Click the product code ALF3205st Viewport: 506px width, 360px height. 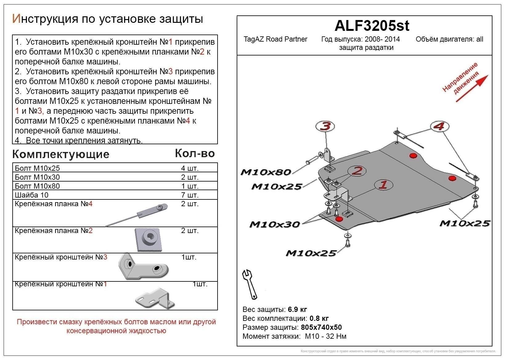[x=372, y=26]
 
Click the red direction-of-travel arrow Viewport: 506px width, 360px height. [x=472, y=88]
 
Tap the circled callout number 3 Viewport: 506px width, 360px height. [x=325, y=126]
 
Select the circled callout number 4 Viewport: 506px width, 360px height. [x=439, y=126]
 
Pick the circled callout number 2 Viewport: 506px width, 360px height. [x=357, y=171]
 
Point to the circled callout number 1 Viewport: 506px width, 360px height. [x=383, y=185]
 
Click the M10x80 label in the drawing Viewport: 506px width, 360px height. [x=266, y=172]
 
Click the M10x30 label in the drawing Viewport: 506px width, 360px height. [x=274, y=224]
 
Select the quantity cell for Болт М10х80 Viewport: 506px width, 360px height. [x=190, y=186]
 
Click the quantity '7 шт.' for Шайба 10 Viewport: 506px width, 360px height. [x=190, y=195]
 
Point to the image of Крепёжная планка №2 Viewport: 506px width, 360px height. [x=149, y=240]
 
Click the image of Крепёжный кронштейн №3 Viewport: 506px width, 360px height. [x=143, y=267]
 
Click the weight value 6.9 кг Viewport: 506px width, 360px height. [x=297, y=309]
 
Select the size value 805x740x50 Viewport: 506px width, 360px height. [x=321, y=327]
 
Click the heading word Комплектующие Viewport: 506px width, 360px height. [x=61, y=154]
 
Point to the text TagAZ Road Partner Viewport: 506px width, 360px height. [x=275, y=39]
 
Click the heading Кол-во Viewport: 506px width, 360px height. [x=195, y=153]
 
